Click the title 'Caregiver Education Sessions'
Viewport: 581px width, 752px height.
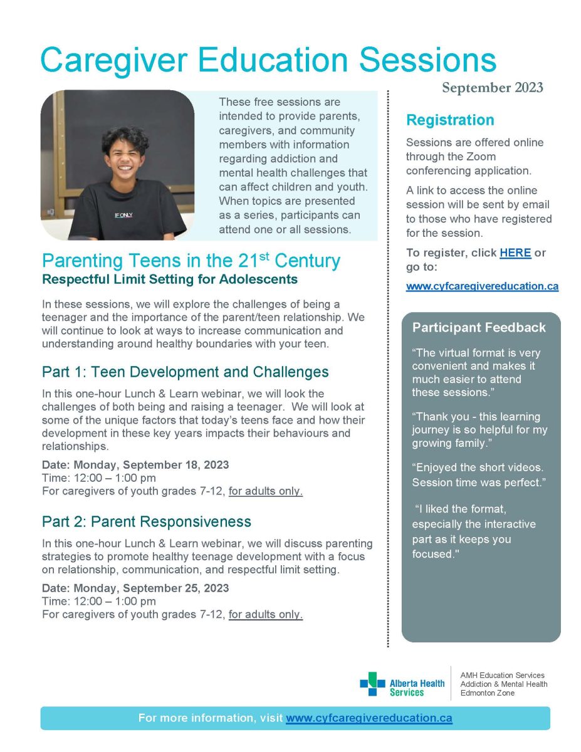click(x=268, y=61)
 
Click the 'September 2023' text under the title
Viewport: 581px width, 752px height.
click(x=492, y=88)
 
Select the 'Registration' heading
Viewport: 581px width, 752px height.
click(x=450, y=120)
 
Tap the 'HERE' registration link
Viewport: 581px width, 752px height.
click(x=515, y=253)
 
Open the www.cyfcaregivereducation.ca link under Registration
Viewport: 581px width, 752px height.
click(x=482, y=286)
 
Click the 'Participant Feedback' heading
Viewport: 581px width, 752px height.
click(x=479, y=328)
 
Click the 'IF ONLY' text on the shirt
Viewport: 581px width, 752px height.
click(x=123, y=215)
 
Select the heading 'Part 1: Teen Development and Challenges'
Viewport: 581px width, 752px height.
click(x=185, y=372)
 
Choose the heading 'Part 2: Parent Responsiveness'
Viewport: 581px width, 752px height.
click(x=147, y=522)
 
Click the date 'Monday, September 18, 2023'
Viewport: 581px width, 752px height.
click(x=151, y=465)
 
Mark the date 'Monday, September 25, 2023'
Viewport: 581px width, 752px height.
click(x=151, y=588)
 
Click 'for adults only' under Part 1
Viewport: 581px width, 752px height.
click(x=266, y=491)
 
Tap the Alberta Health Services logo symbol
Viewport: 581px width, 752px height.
click(x=372, y=684)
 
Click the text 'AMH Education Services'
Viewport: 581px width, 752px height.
click(x=503, y=676)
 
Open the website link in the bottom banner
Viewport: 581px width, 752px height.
click(x=369, y=719)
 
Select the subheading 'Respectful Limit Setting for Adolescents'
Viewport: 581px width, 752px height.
click(x=170, y=279)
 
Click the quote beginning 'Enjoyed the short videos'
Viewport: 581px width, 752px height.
click(x=478, y=475)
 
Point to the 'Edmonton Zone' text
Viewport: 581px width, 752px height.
click(x=488, y=693)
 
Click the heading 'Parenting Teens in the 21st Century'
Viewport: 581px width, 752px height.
click(x=191, y=261)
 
